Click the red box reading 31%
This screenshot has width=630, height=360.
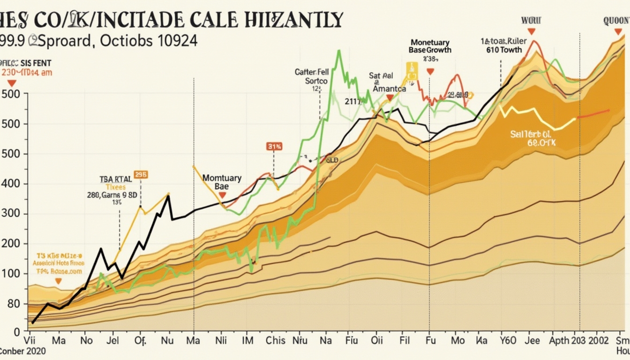pos(274,146)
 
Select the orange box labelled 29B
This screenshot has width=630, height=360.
pos(141,174)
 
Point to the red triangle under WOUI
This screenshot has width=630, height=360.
pos(531,31)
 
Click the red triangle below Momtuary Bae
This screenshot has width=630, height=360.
pos(222,195)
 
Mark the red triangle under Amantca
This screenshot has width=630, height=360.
pos(390,98)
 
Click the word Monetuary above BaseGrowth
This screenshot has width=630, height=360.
pos(429,42)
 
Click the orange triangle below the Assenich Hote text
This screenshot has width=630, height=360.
pos(58,281)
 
